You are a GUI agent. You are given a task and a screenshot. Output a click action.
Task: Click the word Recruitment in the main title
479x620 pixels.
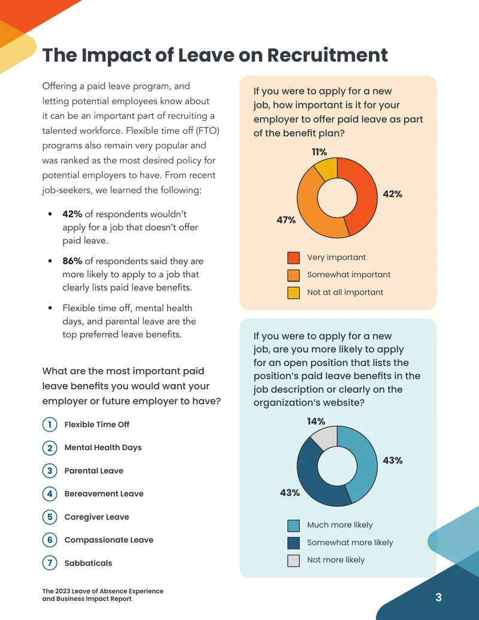(x=328, y=55)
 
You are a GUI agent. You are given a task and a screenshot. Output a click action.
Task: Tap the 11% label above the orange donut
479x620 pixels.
(x=319, y=152)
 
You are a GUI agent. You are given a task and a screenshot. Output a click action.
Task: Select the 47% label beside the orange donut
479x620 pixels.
(x=286, y=220)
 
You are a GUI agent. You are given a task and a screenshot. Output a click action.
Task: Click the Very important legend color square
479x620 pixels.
(x=293, y=258)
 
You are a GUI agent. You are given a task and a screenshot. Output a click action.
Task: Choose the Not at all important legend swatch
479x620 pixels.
(x=293, y=292)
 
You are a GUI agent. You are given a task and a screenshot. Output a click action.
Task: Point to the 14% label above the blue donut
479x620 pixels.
(x=316, y=421)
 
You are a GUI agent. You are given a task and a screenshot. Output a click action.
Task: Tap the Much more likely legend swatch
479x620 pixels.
(x=293, y=525)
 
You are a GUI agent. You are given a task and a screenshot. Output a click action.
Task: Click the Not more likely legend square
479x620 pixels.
(x=293, y=561)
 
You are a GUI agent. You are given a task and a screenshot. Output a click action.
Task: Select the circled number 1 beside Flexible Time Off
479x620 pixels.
(x=50, y=425)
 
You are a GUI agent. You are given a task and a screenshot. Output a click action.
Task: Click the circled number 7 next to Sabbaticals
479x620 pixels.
(x=50, y=563)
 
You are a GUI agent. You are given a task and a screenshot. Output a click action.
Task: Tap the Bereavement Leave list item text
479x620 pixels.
(x=104, y=494)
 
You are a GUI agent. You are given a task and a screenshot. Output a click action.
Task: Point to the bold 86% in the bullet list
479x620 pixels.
(x=72, y=261)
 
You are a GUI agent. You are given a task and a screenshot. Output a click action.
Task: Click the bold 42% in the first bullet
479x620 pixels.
(x=72, y=214)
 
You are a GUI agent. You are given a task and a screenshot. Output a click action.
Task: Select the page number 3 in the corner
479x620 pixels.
(x=438, y=597)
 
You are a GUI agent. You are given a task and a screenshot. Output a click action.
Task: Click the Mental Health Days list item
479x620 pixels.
(x=103, y=447)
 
